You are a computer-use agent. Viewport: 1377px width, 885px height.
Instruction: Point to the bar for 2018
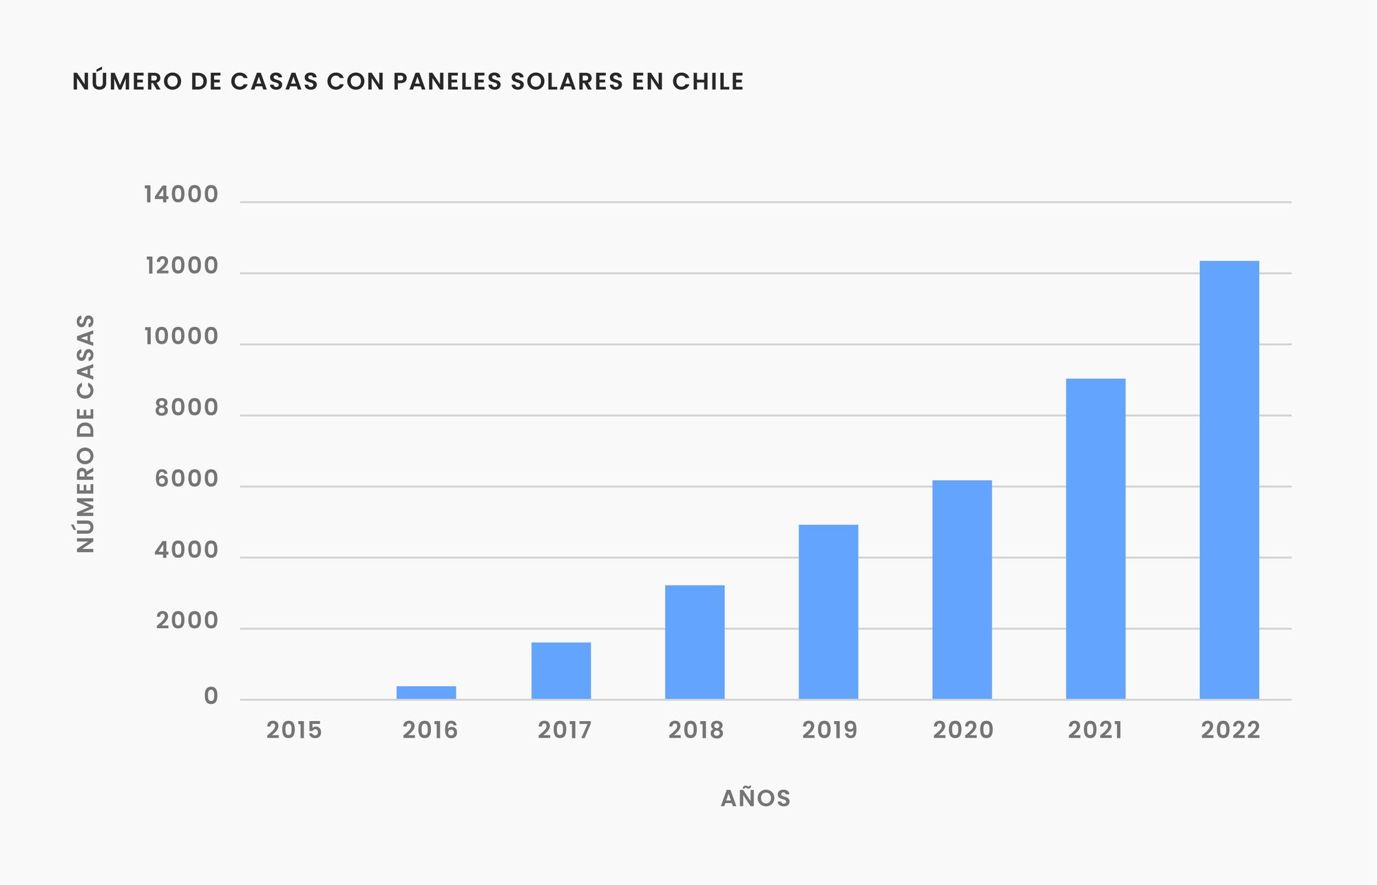click(x=695, y=642)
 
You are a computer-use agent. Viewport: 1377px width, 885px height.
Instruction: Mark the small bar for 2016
click(x=426, y=692)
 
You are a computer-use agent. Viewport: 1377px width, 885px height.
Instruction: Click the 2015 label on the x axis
click(x=294, y=730)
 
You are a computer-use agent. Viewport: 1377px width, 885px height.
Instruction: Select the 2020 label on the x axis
click(x=963, y=730)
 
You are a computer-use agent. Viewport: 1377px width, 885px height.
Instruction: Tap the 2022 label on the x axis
click(x=1230, y=730)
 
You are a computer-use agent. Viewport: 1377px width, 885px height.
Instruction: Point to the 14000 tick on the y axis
click(x=181, y=195)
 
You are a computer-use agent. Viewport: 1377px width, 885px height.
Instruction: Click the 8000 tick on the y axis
click(x=187, y=408)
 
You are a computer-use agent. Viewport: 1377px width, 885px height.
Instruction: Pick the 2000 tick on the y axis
click(x=187, y=621)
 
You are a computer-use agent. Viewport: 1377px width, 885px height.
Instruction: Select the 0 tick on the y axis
click(x=211, y=696)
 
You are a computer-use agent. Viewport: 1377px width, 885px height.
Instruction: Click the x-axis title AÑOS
click(x=755, y=798)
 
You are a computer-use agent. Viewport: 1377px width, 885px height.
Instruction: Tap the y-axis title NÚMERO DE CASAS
click(x=85, y=433)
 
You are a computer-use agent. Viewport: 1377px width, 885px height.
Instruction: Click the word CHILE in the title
click(x=708, y=81)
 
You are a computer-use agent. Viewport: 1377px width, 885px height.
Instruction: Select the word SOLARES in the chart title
click(x=567, y=81)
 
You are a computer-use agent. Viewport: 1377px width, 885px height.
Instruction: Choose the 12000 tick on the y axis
click(x=182, y=266)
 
